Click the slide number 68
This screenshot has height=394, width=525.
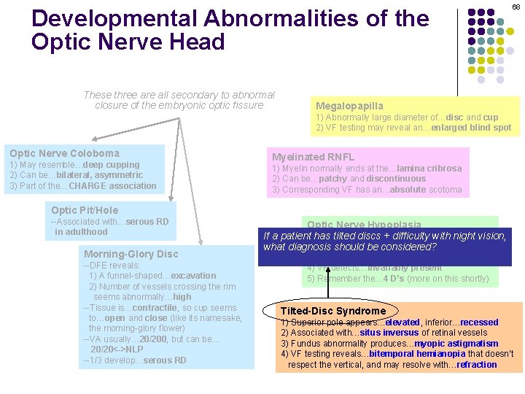pyautogui.click(x=516, y=7)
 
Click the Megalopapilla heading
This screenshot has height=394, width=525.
pyautogui.click(x=349, y=106)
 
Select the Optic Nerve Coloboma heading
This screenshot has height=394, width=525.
pyautogui.click(x=64, y=153)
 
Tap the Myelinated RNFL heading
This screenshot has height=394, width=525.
pyautogui.click(x=313, y=157)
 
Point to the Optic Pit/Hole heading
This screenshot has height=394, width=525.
pyautogui.click(x=85, y=210)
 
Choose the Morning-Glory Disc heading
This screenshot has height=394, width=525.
pyautogui.click(x=131, y=254)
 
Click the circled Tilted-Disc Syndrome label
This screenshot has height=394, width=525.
pyautogui.click(x=332, y=311)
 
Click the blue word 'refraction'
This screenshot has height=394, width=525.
pyautogui.click(x=477, y=365)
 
